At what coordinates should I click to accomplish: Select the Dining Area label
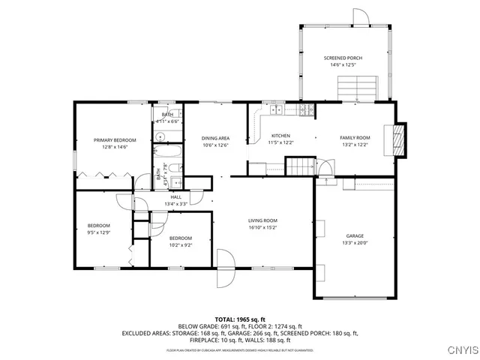[x=214, y=138]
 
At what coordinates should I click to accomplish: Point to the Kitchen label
[x=280, y=136]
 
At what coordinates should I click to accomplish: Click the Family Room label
[x=355, y=138]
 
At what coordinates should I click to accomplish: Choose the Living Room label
[x=263, y=220]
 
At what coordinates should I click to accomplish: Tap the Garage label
[x=355, y=235]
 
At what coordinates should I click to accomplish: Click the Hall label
[x=176, y=196]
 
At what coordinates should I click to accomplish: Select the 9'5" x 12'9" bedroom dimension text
[x=98, y=233]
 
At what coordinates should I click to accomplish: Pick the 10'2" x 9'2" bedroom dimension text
[x=181, y=244]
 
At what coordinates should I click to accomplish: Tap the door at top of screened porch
[x=361, y=17]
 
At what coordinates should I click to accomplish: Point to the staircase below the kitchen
[x=302, y=166]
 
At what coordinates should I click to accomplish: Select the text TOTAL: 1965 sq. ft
[x=240, y=319]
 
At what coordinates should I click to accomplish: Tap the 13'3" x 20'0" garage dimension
[x=355, y=243]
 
